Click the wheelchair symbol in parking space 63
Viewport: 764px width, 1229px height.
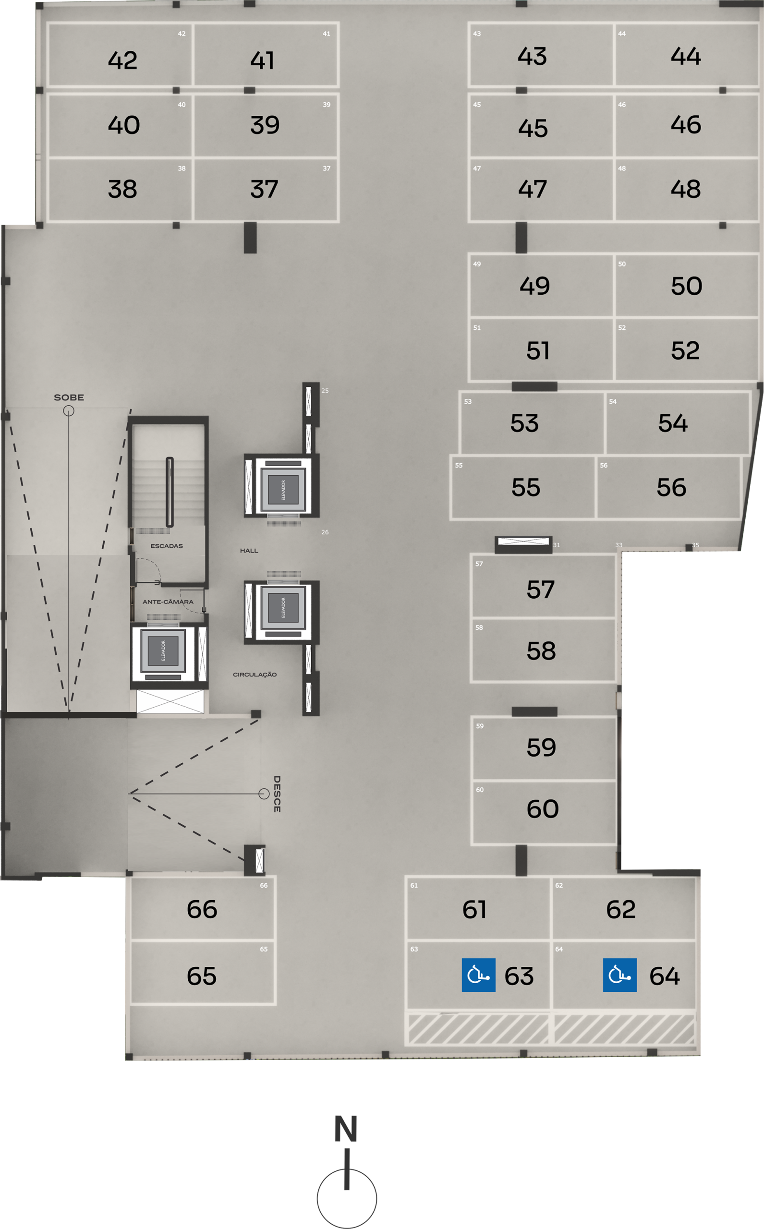478,975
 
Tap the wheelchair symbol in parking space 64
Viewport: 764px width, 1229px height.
619,975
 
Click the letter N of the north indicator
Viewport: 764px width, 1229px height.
346,1129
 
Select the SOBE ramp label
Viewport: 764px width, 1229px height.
69,398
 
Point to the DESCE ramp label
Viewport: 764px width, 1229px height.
277,794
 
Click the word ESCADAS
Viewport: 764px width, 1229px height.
167,546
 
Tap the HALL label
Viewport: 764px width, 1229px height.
249,551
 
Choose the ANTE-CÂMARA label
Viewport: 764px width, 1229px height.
168,602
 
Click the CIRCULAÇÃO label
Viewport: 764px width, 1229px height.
255,675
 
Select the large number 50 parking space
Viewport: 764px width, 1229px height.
687,286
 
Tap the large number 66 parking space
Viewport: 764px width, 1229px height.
202,909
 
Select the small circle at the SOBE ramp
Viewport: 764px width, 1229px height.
69,410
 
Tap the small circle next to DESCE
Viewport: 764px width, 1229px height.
264,794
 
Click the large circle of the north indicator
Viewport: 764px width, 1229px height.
347,1198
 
